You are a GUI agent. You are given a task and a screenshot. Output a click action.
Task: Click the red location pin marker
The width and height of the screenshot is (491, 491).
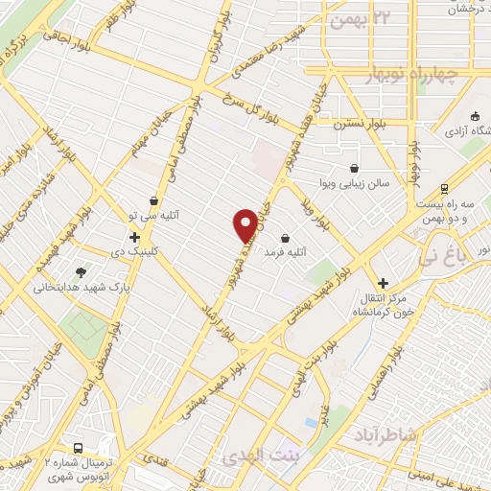coord(245,225)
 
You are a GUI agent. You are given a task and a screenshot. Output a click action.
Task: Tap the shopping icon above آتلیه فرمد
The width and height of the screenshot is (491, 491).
coord(285,238)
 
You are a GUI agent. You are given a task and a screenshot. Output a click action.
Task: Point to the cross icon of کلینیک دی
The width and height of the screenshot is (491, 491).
coord(134,237)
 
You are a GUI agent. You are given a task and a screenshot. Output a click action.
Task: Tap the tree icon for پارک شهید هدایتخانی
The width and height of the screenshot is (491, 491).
coord(81,272)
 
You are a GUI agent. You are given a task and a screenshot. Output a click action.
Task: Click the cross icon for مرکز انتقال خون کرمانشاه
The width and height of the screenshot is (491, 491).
coord(384,283)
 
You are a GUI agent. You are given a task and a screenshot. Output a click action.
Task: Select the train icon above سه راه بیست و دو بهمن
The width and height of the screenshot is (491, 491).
coord(443,189)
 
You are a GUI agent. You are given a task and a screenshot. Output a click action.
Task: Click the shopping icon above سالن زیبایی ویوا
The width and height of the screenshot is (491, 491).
coord(355,167)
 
